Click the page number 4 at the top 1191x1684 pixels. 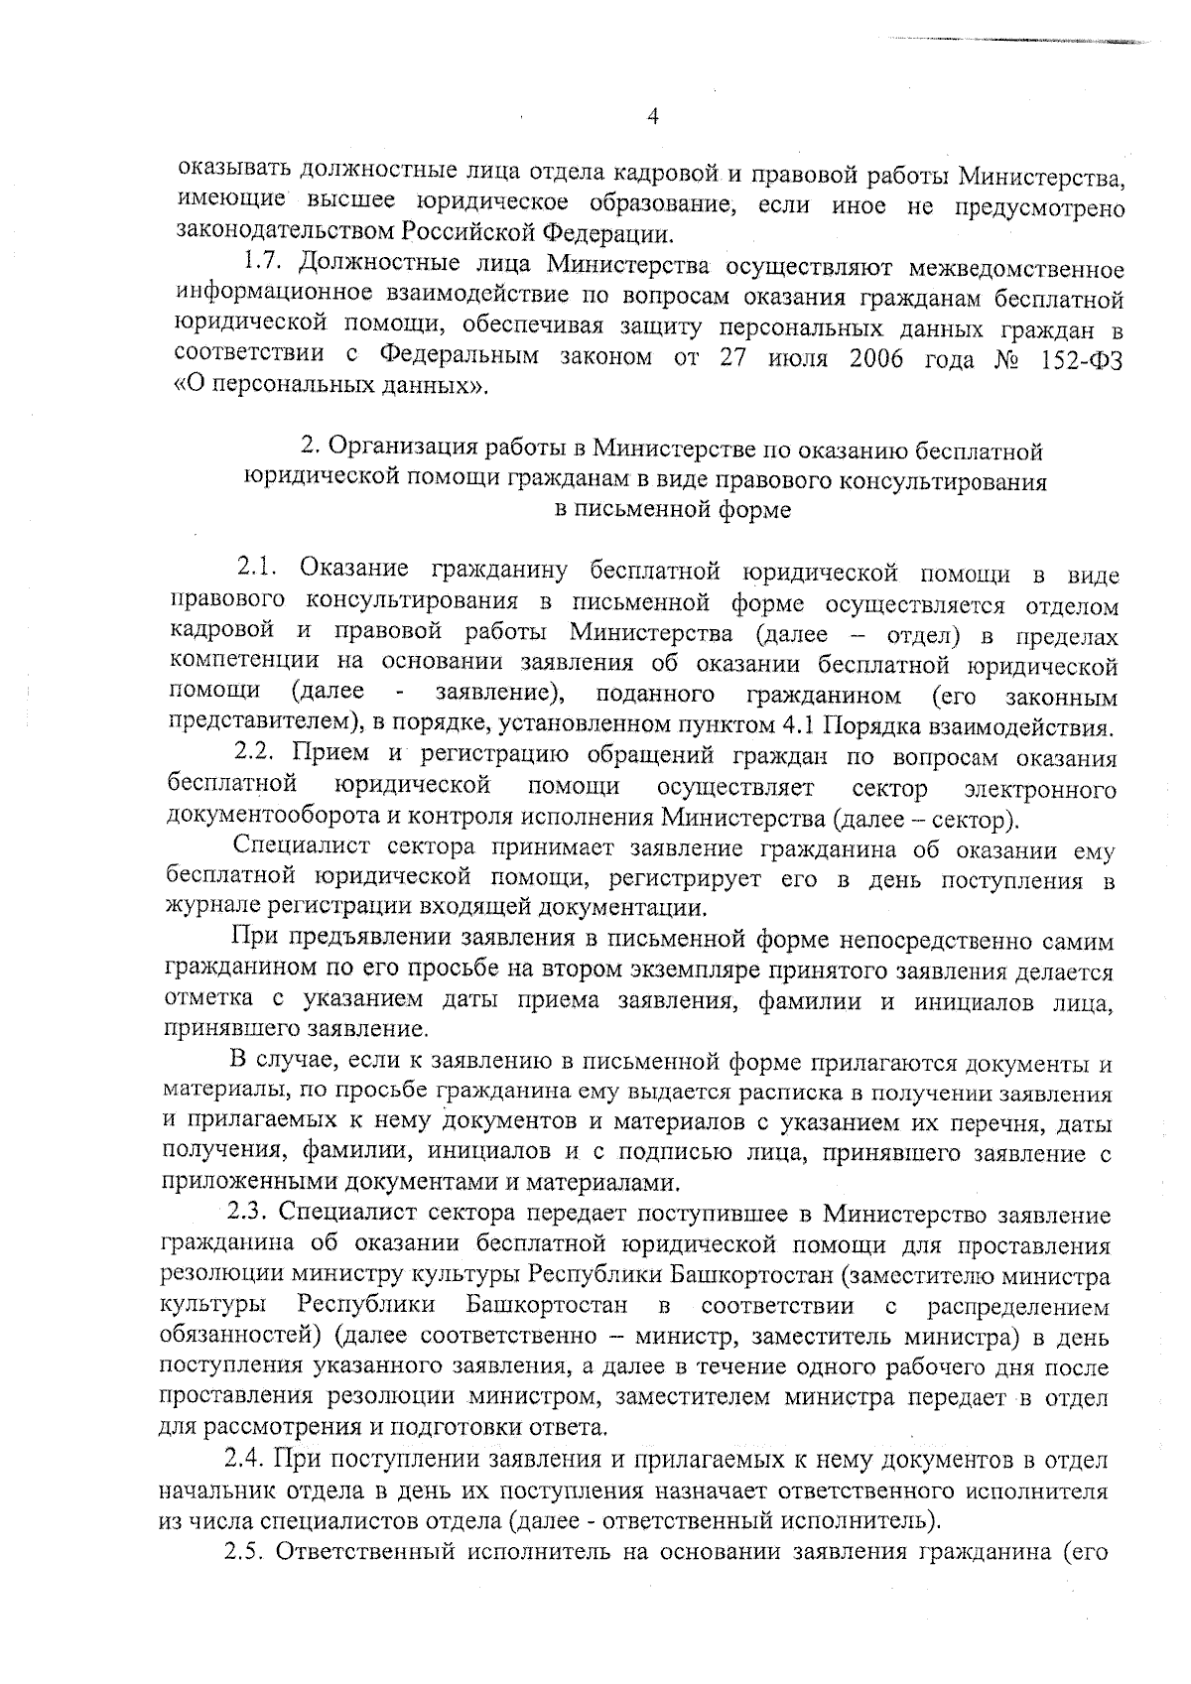click(652, 117)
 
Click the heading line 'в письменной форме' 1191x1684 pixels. click(672, 510)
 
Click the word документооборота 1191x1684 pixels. click(264, 820)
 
